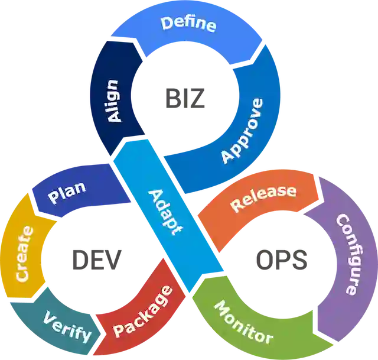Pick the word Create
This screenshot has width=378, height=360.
click(22, 253)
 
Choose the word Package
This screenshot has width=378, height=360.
click(142, 313)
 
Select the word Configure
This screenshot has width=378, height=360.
click(347, 254)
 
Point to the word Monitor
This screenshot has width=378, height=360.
click(243, 322)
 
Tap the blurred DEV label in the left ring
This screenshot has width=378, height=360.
click(95, 258)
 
